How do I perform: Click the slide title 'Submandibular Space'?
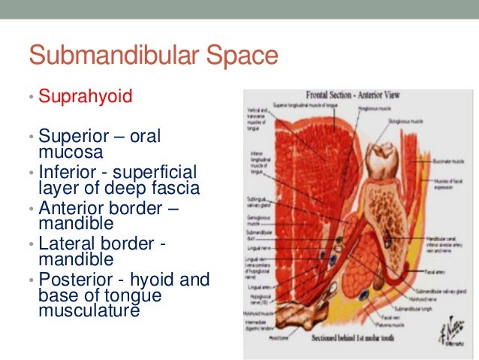[153, 56]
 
